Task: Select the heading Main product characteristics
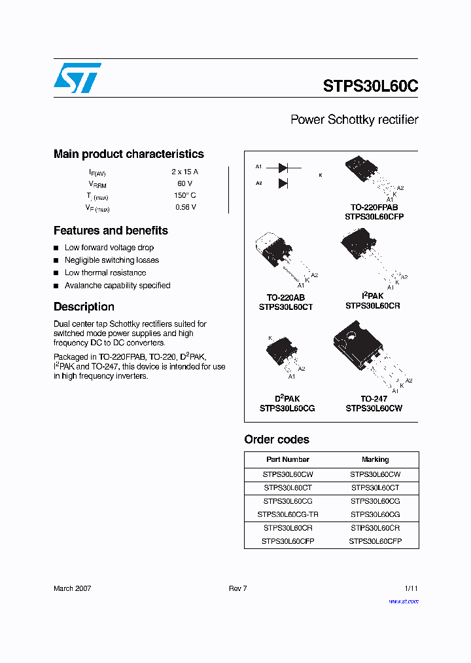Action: tap(128, 154)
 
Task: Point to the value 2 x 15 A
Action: tap(185, 172)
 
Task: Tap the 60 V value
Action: tap(185, 183)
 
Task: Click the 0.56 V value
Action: tap(185, 207)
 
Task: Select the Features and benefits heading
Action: tap(111, 231)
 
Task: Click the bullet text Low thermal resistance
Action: tap(105, 273)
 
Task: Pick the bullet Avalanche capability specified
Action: tap(117, 286)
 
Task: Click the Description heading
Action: tap(84, 307)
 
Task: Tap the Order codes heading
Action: tap(277, 440)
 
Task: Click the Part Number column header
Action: tap(288, 459)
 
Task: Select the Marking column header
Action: tap(375, 459)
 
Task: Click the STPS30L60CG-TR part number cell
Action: tap(288, 515)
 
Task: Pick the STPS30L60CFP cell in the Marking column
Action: tap(375, 541)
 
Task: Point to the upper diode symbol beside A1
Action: tap(283, 168)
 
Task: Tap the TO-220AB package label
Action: tap(285, 297)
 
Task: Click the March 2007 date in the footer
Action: tap(72, 588)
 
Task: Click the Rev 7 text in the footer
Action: tap(237, 588)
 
